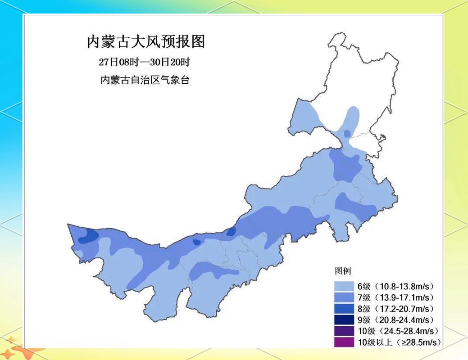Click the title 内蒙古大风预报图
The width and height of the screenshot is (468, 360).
click(145, 42)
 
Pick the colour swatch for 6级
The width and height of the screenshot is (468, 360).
click(344, 286)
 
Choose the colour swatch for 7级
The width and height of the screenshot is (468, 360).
click(344, 297)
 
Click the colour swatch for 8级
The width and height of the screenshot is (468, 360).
click(344, 309)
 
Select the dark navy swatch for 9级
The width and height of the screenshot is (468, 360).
click(344, 320)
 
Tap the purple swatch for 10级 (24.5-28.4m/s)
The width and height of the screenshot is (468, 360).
click(344, 331)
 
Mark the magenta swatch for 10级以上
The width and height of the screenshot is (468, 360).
click(344, 342)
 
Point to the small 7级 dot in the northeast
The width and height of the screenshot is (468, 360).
click(346, 134)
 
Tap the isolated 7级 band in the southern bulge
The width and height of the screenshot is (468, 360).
click(212, 270)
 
